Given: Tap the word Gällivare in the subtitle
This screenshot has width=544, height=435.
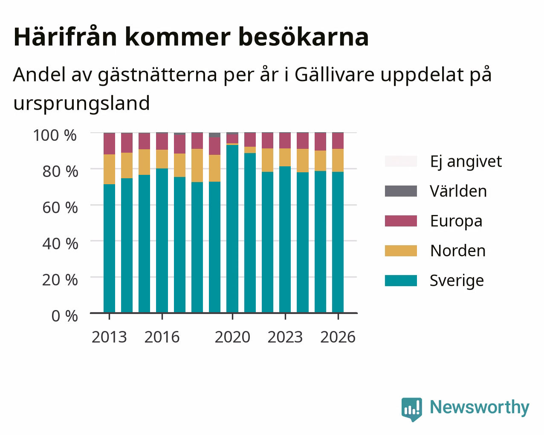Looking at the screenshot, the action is click(x=334, y=75).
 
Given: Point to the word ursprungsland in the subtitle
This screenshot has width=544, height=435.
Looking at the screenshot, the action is click(x=82, y=104).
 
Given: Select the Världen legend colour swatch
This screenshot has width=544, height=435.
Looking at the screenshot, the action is click(x=401, y=191).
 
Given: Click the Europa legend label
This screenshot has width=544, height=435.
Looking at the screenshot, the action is click(x=456, y=221).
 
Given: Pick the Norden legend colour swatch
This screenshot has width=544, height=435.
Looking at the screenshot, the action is click(x=401, y=251).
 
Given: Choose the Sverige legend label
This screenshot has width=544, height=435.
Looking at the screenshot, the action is click(x=457, y=281).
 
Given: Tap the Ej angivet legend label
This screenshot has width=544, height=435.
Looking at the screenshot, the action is click(x=466, y=162).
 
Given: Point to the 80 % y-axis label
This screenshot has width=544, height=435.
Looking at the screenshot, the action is click(x=60, y=171).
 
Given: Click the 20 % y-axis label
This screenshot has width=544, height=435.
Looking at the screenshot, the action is click(x=60, y=280).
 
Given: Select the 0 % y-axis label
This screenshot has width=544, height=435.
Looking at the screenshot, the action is click(x=65, y=316).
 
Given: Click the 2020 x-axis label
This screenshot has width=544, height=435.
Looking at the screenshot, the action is click(x=232, y=337).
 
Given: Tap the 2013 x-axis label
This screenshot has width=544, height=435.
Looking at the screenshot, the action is click(x=109, y=337).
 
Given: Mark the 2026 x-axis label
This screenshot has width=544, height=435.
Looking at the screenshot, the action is click(x=338, y=337).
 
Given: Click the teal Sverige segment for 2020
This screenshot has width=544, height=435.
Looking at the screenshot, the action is click(x=232, y=229).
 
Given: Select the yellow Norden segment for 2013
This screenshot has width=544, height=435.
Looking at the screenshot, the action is click(x=109, y=169).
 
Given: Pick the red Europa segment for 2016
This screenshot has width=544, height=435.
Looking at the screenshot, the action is click(x=162, y=142).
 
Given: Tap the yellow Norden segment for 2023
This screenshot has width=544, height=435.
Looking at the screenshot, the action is click(x=285, y=157).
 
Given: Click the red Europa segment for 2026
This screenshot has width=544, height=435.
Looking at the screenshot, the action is click(x=338, y=141).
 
